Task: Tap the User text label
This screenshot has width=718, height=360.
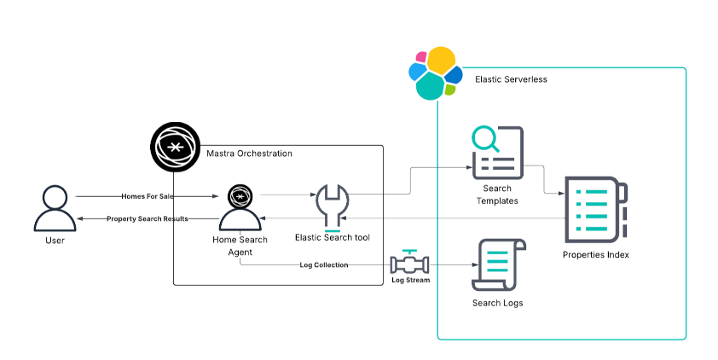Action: coord(55,241)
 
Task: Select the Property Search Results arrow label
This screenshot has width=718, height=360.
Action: coord(148,219)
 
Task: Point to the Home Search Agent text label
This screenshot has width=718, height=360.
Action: coord(240,246)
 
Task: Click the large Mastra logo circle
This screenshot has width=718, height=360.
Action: coord(174,148)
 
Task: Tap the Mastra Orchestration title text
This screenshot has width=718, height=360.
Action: coord(249,154)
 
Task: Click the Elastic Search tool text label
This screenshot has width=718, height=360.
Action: coord(332,236)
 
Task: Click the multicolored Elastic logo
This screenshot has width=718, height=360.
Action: coord(434,73)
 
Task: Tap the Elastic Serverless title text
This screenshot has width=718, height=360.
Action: coord(511,79)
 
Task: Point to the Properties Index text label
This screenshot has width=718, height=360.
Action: coord(596,254)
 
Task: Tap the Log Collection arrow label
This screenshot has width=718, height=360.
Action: coord(324,265)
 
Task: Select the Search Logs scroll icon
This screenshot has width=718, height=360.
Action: coord(498,264)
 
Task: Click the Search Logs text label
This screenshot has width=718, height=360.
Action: coord(497,303)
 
